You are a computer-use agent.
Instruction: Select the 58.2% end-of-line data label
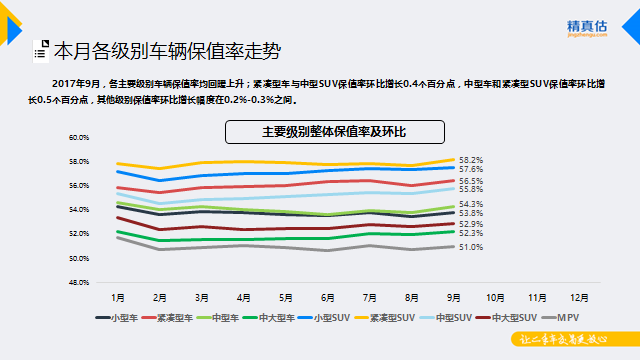(x=471, y=160)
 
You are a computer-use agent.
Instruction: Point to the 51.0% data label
(x=471, y=247)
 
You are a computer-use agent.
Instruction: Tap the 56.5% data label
(x=471, y=181)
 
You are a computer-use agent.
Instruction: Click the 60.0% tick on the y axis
(x=79, y=137)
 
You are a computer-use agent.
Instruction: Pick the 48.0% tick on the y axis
(x=79, y=282)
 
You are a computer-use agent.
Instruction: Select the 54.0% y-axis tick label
(x=79, y=210)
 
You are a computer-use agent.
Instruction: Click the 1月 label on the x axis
(x=118, y=297)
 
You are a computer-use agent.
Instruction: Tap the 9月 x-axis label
(x=454, y=297)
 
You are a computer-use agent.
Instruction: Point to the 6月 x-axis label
(x=328, y=297)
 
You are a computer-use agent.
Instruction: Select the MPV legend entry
(x=569, y=317)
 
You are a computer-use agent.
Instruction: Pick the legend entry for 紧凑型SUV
(x=385, y=317)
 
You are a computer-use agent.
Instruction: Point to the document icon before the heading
(x=39, y=48)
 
